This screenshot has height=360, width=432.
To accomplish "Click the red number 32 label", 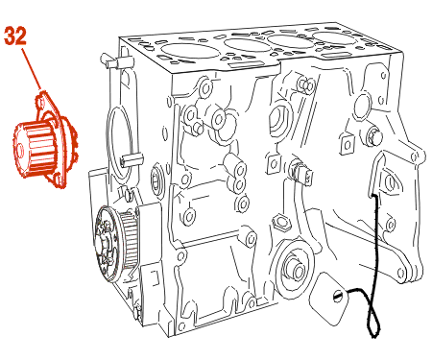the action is [15, 36].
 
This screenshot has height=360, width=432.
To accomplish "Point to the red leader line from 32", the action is [32, 69].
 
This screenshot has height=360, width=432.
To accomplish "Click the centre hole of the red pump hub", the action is [20, 150].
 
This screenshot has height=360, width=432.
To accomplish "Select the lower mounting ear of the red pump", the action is [58, 180].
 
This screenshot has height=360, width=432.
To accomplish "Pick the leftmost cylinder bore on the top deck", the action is [186, 51].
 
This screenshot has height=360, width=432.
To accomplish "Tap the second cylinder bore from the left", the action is [247, 45].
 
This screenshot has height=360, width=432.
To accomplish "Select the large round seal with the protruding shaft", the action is [294, 268].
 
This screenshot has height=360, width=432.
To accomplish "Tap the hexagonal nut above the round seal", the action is [280, 222].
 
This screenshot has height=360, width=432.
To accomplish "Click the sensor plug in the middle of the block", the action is [300, 172].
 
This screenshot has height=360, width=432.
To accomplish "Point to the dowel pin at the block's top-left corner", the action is [108, 61].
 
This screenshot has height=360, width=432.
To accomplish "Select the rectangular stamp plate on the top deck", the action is [243, 64].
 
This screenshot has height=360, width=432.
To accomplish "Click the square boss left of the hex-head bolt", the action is [347, 143].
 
